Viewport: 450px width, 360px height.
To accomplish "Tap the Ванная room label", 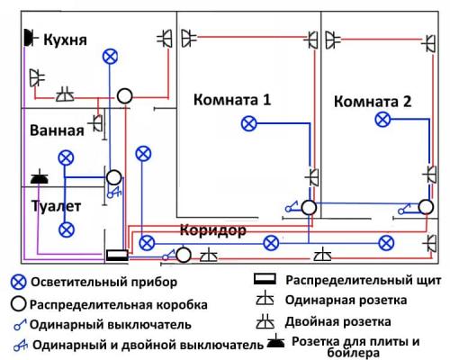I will (x=56, y=130).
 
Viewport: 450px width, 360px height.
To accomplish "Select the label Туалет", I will (x=56, y=206).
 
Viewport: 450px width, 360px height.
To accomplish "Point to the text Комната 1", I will (x=231, y=100).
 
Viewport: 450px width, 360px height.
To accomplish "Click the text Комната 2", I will (x=373, y=102).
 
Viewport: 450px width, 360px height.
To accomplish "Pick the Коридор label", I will (x=212, y=230).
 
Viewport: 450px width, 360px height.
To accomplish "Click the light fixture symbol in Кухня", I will (x=110, y=56).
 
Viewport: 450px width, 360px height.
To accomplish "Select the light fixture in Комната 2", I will (x=382, y=119).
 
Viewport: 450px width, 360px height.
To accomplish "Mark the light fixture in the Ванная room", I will (x=65, y=157).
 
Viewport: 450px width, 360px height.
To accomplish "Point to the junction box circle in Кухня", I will (x=125, y=94).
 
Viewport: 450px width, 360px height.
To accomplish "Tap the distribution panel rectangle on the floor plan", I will (x=118, y=256).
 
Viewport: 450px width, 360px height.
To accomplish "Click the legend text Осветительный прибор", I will (x=108, y=283).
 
